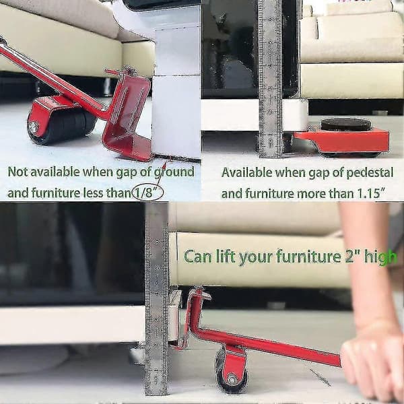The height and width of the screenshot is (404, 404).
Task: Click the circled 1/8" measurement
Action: point(147,192)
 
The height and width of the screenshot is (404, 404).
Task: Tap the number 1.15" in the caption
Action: point(371,193)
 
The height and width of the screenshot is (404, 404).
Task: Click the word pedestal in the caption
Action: point(370,173)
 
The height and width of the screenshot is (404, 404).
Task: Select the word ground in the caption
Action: point(174,172)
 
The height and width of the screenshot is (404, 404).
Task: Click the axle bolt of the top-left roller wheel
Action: point(34,127)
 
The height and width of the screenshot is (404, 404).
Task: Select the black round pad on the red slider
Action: point(346,125)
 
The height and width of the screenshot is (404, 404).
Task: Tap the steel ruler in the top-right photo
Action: point(271,79)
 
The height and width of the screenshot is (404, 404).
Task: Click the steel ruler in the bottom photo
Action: point(157,299)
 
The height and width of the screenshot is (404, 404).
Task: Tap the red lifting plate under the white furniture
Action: point(127,117)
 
